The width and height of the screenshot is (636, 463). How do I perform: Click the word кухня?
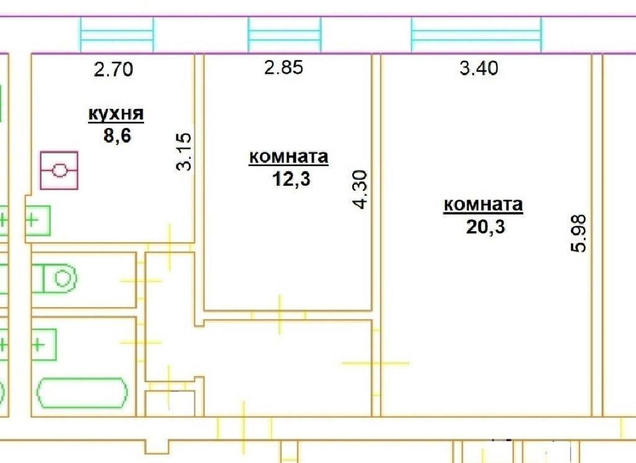[x=116, y=114]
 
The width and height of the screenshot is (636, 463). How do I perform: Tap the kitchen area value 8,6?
[x=117, y=135]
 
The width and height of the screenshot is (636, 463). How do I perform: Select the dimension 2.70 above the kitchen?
[x=113, y=69]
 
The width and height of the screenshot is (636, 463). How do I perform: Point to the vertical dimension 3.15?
[x=184, y=152]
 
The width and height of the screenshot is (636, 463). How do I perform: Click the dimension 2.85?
[x=283, y=67]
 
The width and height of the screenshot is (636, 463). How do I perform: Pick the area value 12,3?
[x=291, y=178]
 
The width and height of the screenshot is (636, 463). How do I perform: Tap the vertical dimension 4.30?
[x=360, y=190]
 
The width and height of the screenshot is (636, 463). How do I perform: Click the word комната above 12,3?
[x=288, y=157]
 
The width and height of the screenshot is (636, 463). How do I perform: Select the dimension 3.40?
[x=479, y=68]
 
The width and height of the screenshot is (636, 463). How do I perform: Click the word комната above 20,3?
[x=483, y=204]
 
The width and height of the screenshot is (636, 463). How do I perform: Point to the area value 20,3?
[x=486, y=226]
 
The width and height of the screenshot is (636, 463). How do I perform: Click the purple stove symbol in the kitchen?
[x=59, y=170]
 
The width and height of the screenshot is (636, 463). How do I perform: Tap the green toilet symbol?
[x=55, y=278]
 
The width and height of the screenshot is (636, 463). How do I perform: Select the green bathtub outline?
[x=83, y=393]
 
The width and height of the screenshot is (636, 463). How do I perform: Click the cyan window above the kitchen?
[x=117, y=35]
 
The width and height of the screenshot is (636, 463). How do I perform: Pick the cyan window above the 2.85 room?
[x=284, y=35]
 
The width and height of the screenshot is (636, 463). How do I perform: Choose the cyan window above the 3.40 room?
[x=476, y=35]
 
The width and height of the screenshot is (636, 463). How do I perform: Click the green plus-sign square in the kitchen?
[x=38, y=221]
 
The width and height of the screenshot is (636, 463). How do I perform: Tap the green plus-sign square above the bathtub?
[x=44, y=345]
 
